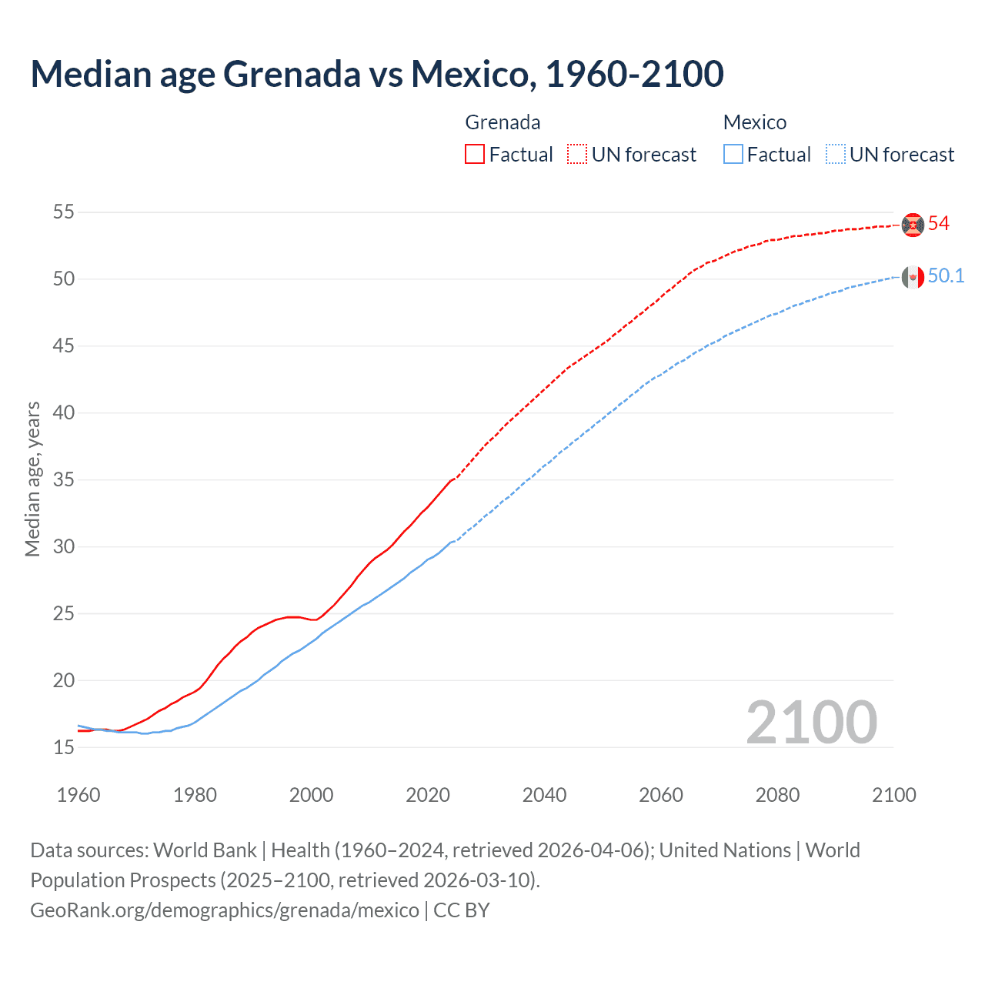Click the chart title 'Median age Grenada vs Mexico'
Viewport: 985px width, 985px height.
tap(376, 74)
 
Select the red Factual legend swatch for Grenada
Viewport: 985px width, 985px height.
tap(475, 154)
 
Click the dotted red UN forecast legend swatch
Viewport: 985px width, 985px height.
tap(577, 154)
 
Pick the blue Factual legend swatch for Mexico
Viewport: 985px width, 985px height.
tap(733, 154)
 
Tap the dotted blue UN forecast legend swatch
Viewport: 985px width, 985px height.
tap(836, 154)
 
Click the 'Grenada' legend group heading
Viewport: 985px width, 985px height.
tap(503, 122)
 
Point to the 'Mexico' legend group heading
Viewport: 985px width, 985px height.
tap(755, 122)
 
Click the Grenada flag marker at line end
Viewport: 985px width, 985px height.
tap(913, 224)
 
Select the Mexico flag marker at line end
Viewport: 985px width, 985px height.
tap(913, 277)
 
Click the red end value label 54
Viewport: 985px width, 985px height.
tap(939, 224)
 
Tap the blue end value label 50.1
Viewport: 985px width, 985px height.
tap(946, 276)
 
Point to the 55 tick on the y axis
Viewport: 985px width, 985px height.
tap(64, 212)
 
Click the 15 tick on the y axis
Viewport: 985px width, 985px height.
tap(64, 747)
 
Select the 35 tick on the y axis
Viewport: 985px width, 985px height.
tap(64, 479)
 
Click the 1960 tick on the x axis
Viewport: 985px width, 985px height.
tap(78, 795)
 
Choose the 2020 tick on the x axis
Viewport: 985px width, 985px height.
tap(428, 795)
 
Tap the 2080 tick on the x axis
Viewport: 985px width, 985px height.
tap(777, 795)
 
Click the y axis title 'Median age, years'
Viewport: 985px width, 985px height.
tap(32, 479)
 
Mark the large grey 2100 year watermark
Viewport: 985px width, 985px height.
tap(811, 723)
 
